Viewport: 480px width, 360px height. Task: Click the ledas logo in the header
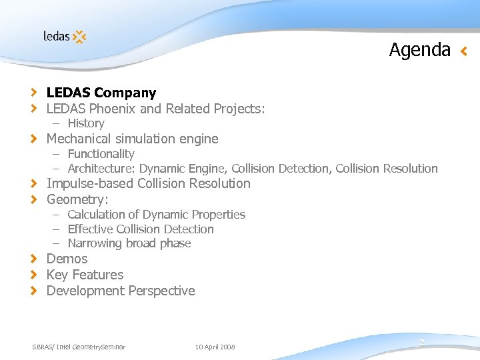pos(65,36)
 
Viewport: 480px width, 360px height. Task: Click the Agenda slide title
pos(419,50)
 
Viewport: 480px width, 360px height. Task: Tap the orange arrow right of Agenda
pos(464,51)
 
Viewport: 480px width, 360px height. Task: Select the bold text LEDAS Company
pos(101,93)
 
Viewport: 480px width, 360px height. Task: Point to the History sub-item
pos(85,123)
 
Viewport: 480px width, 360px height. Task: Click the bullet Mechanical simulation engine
pos(132,139)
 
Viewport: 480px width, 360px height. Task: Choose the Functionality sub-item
pos(101,154)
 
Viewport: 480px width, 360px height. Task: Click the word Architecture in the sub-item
pos(101,169)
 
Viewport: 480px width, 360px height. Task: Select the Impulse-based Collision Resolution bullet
pos(148,183)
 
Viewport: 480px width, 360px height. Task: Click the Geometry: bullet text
pos(77,199)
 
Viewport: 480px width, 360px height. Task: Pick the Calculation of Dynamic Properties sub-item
pos(156,215)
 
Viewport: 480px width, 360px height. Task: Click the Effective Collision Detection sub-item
pos(141,229)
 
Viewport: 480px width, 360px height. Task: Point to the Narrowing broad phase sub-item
pos(129,243)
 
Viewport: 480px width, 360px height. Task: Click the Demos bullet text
pos(67,259)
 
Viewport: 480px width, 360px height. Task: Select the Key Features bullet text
pos(85,275)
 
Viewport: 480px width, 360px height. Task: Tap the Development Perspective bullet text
pos(121,291)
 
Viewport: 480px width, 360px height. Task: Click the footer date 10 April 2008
pos(215,347)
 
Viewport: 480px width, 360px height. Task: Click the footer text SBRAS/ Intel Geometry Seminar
pos(79,347)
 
